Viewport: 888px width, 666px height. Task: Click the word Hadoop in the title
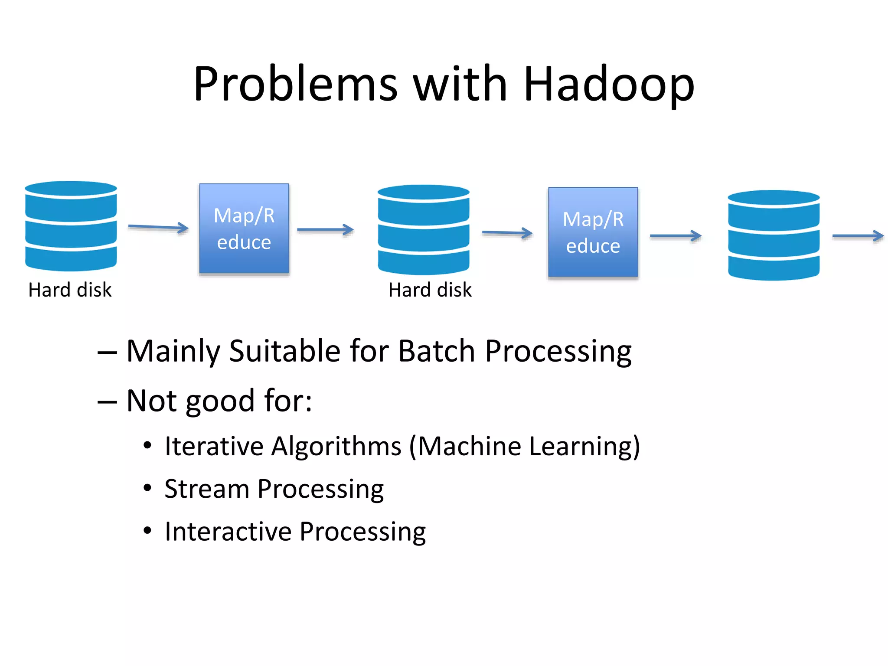pos(609,85)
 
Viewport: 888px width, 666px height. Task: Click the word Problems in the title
pos(295,85)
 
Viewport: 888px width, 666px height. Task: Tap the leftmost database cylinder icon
pos(71,226)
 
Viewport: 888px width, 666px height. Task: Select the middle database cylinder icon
pos(424,230)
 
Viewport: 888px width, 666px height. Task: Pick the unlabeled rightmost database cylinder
pos(774,235)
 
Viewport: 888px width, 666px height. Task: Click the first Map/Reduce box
pos(244,229)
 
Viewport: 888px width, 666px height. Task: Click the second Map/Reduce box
pos(593,232)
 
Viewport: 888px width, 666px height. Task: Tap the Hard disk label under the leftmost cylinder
pos(70,290)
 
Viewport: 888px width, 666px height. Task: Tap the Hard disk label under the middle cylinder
pos(430,290)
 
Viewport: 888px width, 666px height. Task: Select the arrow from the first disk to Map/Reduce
pos(158,227)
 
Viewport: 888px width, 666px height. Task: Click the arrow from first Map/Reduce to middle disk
pos(325,230)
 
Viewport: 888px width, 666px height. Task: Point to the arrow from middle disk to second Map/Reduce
pos(507,233)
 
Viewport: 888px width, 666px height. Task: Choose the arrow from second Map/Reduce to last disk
pos(676,236)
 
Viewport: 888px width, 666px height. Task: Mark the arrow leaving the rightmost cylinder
pos(858,236)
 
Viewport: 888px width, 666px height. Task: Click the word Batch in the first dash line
pos(436,351)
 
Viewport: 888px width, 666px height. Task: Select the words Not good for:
pos(219,401)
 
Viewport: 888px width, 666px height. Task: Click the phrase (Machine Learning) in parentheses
pos(525,447)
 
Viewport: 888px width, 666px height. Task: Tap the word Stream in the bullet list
pos(207,489)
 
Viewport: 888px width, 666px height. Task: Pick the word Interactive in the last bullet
pos(228,532)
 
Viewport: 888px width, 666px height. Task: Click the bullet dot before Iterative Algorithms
pos(147,445)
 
